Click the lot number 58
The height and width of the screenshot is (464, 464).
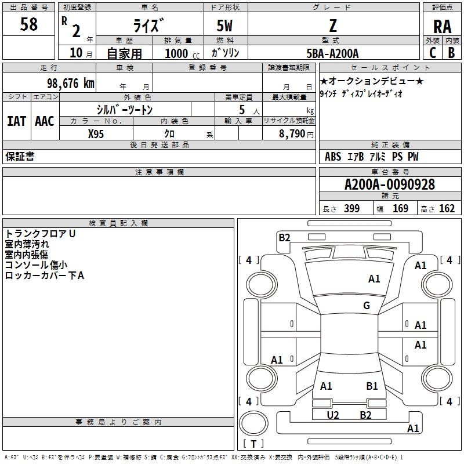pyautogui.click(x=29, y=25)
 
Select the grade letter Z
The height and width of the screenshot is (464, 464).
pyautogui.click(x=332, y=26)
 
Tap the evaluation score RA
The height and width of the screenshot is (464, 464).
pyautogui.click(x=442, y=27)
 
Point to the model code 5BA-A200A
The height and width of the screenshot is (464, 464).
pyautogui.click(x=332, y=53)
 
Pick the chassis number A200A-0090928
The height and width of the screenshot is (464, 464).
pyautogui.click(x=389, y=184)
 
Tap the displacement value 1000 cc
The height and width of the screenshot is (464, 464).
pyautogui.click(x=182, y=53)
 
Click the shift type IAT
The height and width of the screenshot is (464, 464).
pyautogui.click(x=17, y=121)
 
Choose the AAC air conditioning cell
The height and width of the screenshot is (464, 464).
pyautogui.click(x=45, y=121)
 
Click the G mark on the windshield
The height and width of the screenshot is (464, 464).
pyautogui.click(x=367, y=306)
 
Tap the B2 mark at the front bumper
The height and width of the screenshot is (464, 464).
pyautogui.click(x=284, y=237)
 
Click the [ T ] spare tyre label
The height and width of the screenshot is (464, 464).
pyautogui.click(x=253, y=444)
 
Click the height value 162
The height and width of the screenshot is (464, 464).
pyautogui.click(x=447, y=209)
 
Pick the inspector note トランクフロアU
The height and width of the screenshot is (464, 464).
pyautogui.click(x=41, y=234)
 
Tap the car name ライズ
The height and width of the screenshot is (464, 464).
pyautogui.click(x=149, y=26)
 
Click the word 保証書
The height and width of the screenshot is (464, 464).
pyautogui.click(x=20, y=157)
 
